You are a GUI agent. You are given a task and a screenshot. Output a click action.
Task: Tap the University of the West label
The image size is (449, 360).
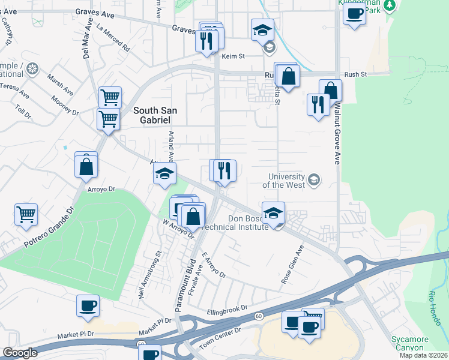(288, 181)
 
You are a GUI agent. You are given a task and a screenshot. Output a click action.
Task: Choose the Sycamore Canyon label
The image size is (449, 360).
(410, 343)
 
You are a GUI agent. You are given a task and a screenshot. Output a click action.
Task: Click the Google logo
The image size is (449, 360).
(20, 353)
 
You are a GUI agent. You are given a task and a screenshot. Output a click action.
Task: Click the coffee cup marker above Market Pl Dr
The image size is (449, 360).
(88, 306)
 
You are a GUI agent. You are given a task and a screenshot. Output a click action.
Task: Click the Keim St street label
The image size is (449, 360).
(234, 56)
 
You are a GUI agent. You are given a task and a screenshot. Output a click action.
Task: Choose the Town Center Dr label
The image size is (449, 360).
(221, 331)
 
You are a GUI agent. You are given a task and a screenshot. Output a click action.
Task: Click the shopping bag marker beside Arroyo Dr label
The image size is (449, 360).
(86, 165)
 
